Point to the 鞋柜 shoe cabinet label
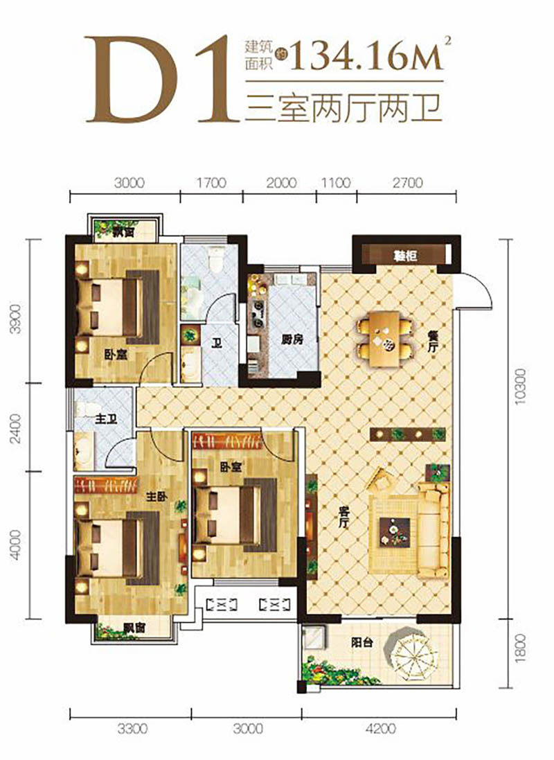click(x=404, y=255)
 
